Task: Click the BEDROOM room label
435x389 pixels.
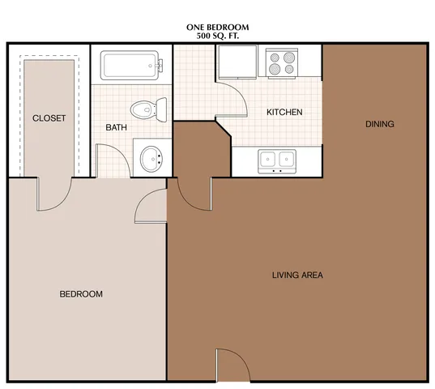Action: pos(81,294)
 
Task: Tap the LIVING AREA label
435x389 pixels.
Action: pos(297,275)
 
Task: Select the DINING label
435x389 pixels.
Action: pos(380,124)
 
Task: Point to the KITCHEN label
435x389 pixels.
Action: pos(284,112)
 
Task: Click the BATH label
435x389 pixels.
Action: pos(116,127)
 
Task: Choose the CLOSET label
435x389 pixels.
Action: pos(49,118)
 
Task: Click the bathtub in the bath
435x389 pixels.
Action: pos(131,66)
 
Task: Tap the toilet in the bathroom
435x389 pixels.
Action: pos(149,109)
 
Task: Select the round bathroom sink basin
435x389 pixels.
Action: pos(151,159)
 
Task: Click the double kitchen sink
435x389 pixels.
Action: pos(277,161)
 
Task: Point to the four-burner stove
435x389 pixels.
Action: pos(282,62)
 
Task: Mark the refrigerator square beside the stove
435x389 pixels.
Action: pos(237,62)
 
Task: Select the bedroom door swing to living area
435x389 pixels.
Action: pos(143,200)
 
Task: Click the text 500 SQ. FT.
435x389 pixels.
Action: pos(217,36)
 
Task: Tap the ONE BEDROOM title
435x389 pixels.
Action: pos(217,28)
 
